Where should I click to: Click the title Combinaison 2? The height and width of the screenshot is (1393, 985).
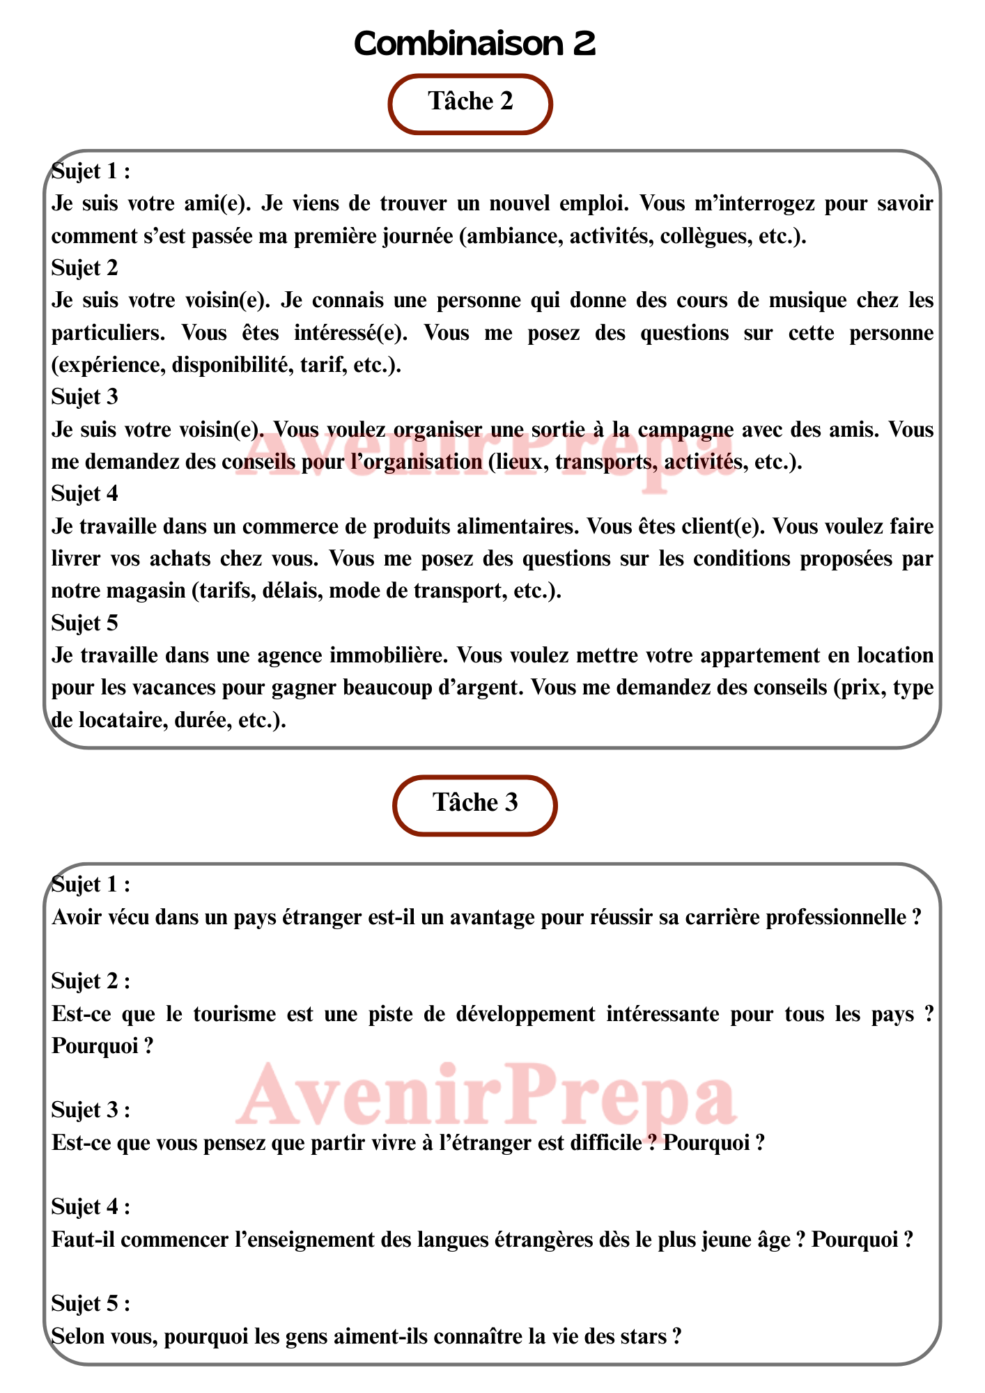[474, 44]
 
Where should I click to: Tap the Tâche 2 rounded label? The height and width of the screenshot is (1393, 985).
[470, 102]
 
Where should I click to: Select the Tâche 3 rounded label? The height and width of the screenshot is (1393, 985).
[475, 804]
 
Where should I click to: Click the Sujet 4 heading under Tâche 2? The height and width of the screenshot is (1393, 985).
[85, 494]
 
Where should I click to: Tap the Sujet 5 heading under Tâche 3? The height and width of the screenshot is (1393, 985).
[91, 1303]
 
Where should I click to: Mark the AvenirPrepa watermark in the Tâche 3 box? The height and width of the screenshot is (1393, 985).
[486, 1097]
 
